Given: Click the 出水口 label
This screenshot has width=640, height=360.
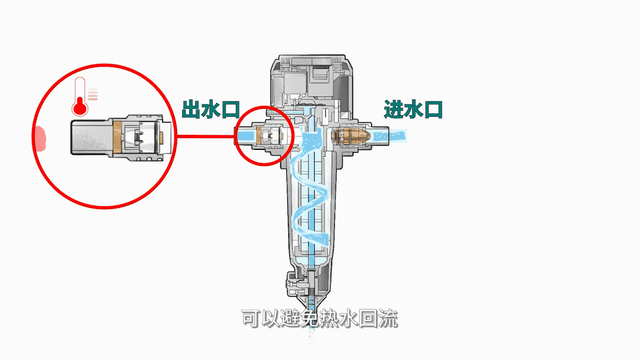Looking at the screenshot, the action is point(211,110).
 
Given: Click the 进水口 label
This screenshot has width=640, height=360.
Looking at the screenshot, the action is point(413,110).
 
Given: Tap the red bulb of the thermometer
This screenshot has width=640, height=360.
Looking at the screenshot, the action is point(80,108).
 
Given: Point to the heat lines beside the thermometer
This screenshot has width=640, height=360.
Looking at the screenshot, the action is point(93,94).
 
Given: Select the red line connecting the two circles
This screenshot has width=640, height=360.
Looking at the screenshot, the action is point(206,136).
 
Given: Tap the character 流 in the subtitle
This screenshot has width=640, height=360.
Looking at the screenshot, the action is point(388,319).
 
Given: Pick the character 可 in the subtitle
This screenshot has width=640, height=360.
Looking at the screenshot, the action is point(251,319).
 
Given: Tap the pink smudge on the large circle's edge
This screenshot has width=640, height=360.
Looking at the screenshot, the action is point(40,138).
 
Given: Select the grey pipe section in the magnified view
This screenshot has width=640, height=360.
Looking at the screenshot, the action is point(92,137).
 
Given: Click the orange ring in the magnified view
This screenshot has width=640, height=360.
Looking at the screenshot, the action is point(118,138).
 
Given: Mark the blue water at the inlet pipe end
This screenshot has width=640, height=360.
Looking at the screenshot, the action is point(396,136).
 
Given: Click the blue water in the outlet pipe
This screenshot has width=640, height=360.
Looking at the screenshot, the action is point(246,135).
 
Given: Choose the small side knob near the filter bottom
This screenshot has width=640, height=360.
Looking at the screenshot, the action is point(292,281).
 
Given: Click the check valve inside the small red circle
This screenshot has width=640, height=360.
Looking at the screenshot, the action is point(269,136).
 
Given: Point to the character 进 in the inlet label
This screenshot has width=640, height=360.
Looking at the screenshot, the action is point(393,110).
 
